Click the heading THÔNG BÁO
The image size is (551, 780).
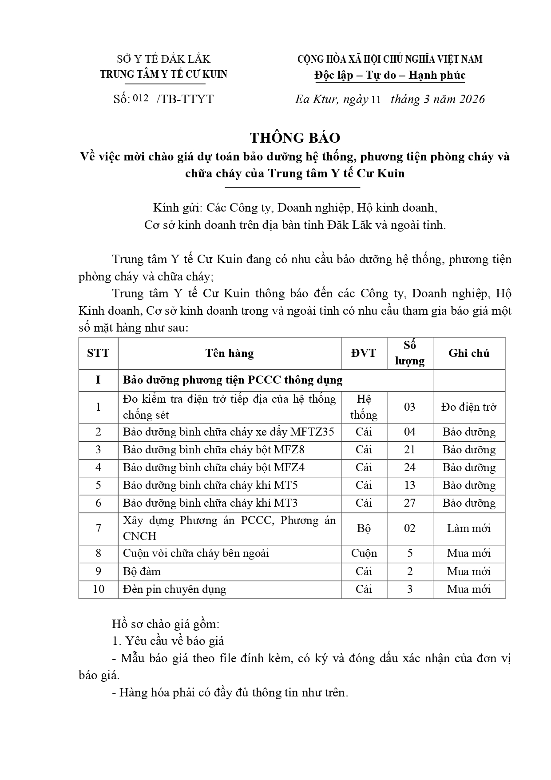(295, 138)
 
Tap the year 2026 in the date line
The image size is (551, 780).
(472, 99)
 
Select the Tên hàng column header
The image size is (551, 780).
(229, 353)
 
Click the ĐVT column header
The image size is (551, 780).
(364, 353)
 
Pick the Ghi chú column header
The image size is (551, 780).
(468, 353)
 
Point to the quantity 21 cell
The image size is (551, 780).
(409, 450)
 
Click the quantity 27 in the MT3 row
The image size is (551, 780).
(409, 503)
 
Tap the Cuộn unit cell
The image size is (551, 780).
(364, 553)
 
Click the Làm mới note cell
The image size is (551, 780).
(468, 528)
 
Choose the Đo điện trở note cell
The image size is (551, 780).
(468, 407)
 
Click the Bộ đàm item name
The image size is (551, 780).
(142, 572)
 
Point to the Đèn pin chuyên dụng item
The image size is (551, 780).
(174, 589)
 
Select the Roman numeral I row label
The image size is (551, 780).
(98, 380)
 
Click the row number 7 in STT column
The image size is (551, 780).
(98, 528)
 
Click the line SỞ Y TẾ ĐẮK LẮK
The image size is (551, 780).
(163, 59)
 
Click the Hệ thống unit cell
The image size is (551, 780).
(364, 407)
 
